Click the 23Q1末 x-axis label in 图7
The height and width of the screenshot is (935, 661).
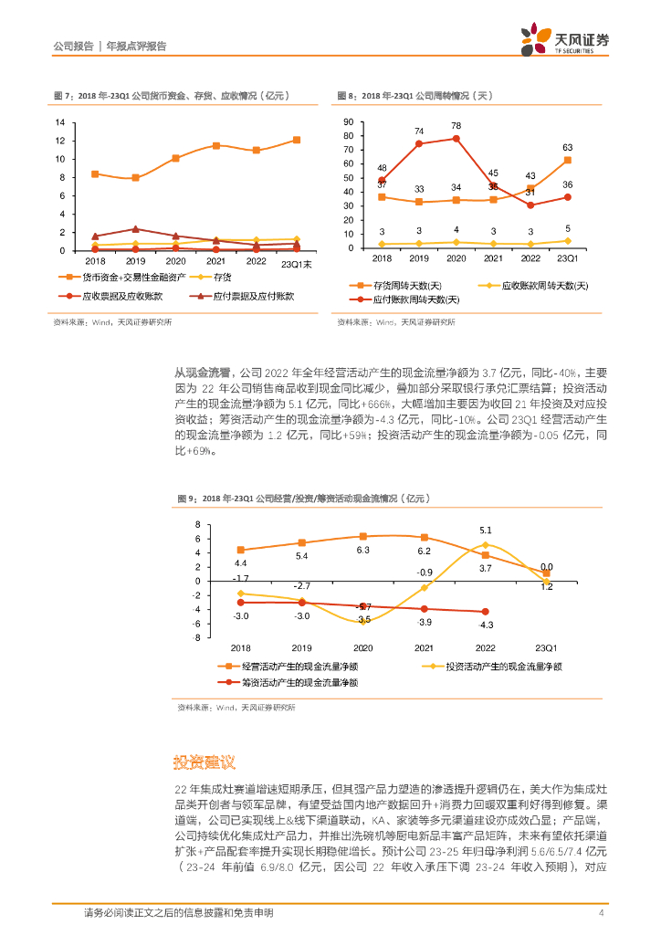pos(296,264)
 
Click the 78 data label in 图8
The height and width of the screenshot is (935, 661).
pos(456,126)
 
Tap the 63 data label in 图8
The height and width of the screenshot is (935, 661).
pos(567,147)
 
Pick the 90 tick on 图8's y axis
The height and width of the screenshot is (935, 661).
pos(348,121)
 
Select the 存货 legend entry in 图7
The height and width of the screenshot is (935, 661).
pos(223,278)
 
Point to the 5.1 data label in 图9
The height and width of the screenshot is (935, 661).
pos(485,531)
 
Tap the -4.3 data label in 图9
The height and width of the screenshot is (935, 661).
pos(485,625)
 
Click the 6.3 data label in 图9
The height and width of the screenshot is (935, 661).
pos(362,551)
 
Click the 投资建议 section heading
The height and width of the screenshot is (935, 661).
pos(205,762)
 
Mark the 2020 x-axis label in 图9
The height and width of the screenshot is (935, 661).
pos(362,647)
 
